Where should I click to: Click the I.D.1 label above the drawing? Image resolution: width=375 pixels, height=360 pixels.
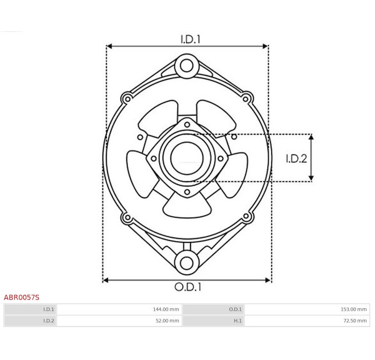[x=190, y=39]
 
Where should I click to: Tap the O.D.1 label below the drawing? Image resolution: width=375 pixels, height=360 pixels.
[x=188, y=287]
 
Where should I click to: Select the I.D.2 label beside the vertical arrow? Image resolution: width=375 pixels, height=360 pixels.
[x=296, y=159]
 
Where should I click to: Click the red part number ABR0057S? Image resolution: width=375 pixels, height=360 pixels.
[x=21, y=297]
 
